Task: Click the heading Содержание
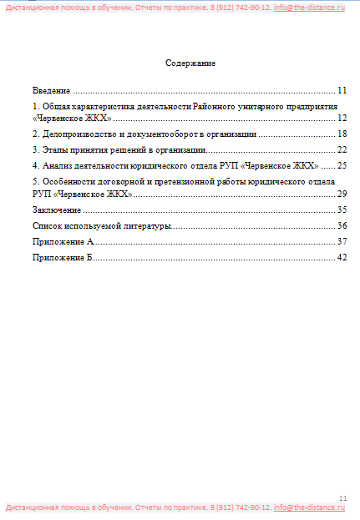190,63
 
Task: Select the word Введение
51,90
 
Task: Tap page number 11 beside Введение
342,90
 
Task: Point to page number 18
342,134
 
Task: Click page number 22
342,149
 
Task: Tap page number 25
342,165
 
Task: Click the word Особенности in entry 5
68,181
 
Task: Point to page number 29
342,194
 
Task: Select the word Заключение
57,210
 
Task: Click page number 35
342,210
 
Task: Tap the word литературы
147,225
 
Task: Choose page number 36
342,225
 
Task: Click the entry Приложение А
63,241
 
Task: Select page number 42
342,257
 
